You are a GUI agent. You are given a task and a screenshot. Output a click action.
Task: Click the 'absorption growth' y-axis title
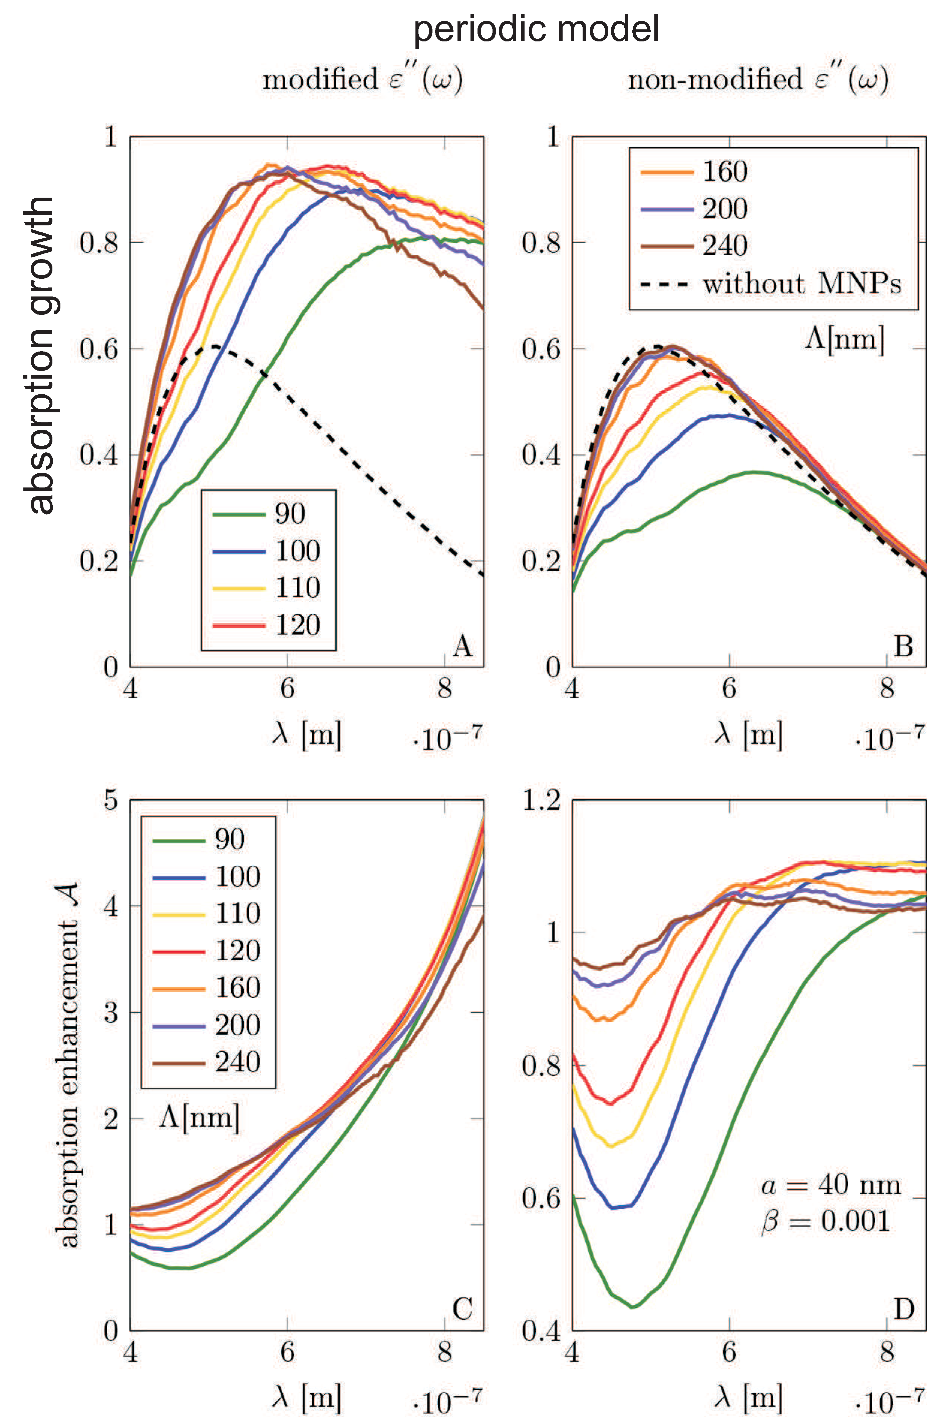tap(41, 355)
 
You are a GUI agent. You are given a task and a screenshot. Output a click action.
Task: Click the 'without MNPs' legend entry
tap(802, 283)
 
